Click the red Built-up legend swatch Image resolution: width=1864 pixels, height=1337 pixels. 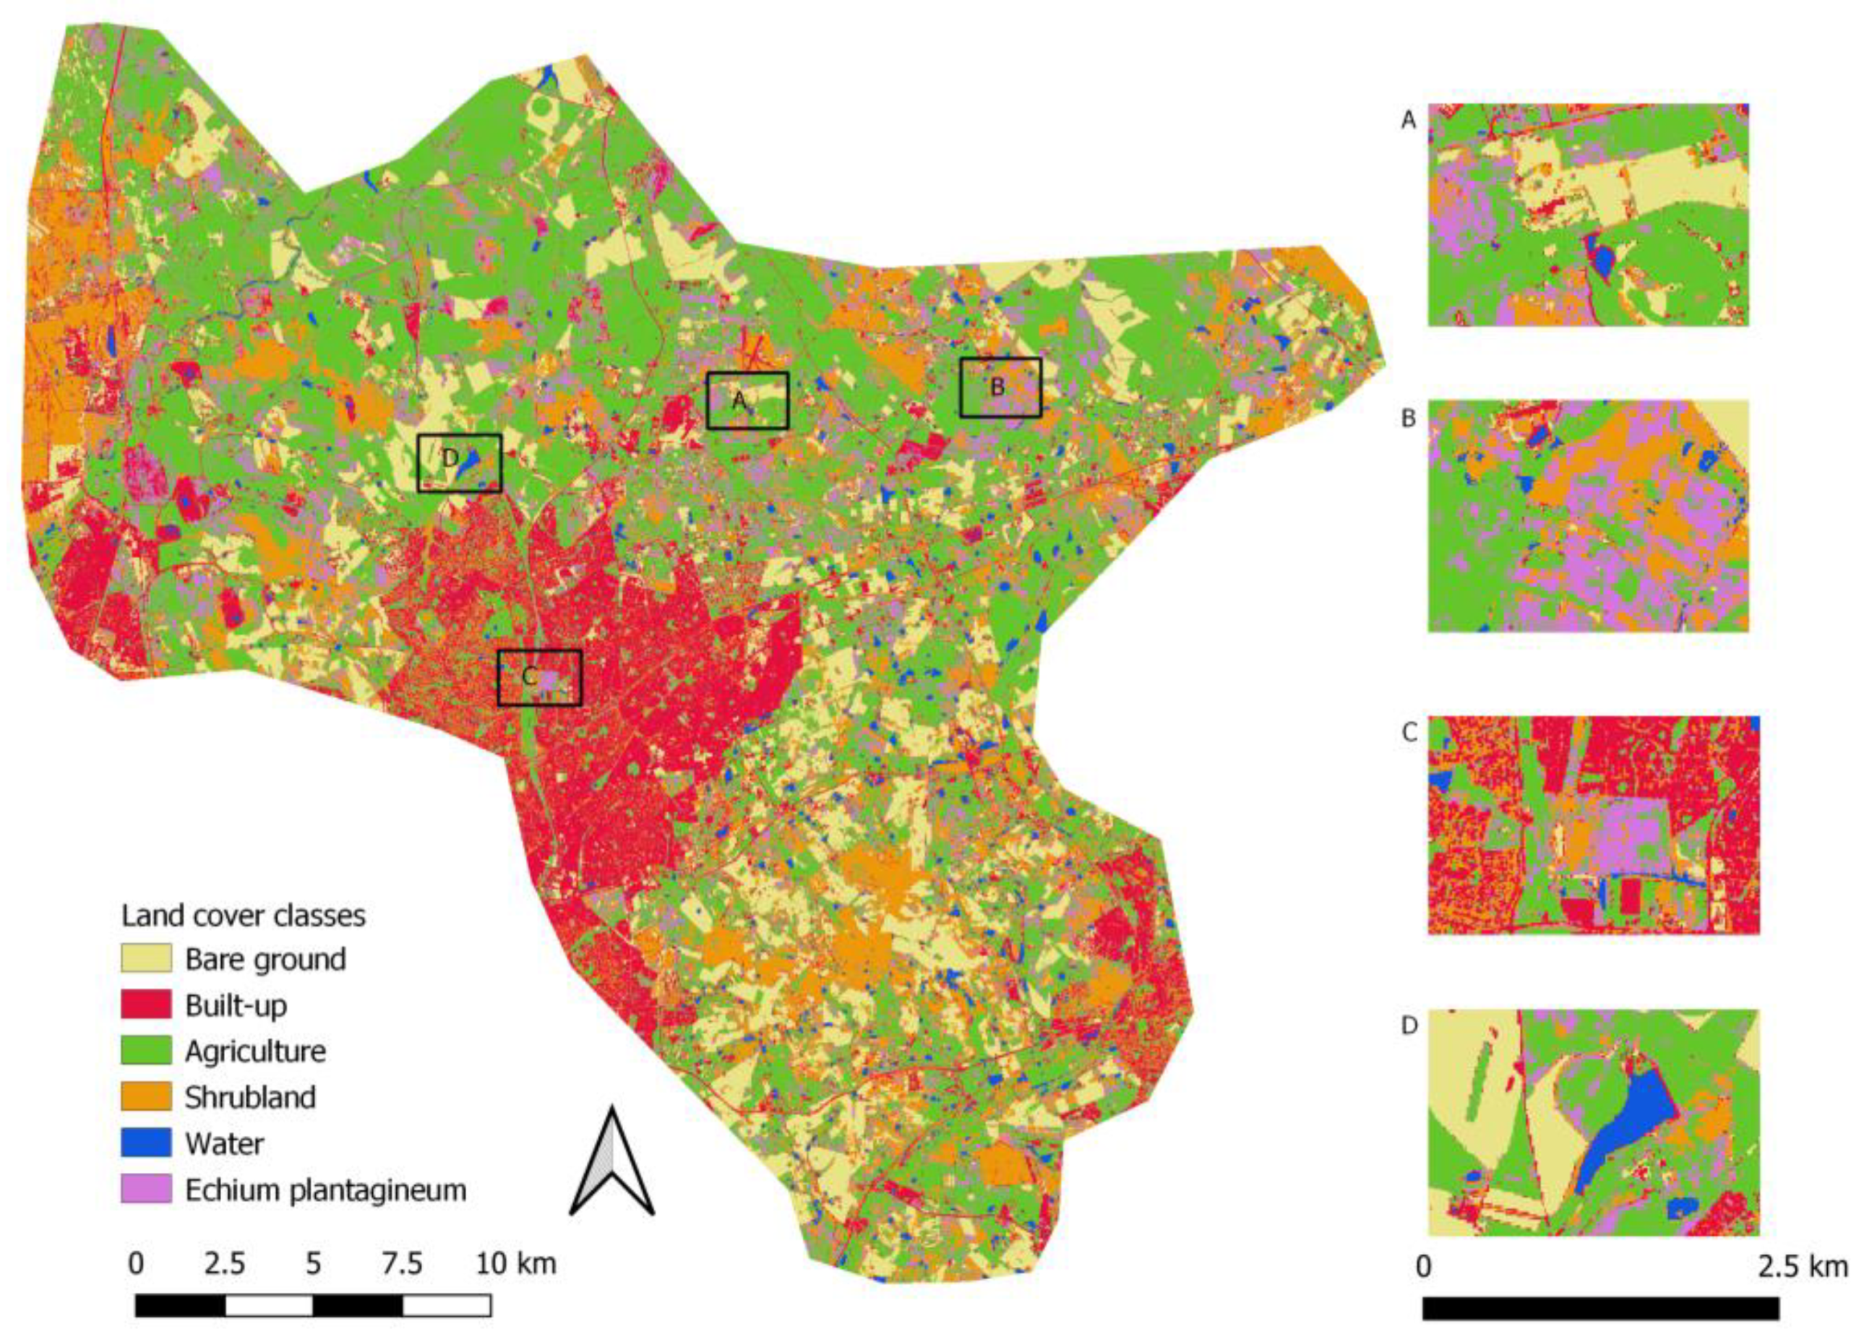[146, 1004]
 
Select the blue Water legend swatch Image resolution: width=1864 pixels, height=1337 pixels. [146, 1143]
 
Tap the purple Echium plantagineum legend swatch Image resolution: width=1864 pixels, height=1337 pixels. [146, 1188]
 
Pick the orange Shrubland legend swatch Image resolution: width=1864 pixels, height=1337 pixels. [146, 1096]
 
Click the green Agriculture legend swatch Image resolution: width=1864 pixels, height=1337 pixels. [146, 1050]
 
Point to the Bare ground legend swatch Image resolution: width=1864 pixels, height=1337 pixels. [146, 958]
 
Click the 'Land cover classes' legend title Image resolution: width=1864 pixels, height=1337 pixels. [244, 916]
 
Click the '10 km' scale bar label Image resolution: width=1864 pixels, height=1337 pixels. [515, 1263]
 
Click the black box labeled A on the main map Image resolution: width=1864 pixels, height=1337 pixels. [747, 400]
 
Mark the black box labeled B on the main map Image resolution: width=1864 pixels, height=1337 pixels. [1000, 387]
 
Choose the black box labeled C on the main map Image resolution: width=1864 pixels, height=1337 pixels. [539, 677]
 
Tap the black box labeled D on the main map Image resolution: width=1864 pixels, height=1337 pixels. [459, 463]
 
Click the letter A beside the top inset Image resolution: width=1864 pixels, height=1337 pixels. [1409, 120]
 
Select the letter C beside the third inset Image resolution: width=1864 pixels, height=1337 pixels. [1409, 732]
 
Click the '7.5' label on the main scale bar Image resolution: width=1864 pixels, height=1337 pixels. [402, 1263]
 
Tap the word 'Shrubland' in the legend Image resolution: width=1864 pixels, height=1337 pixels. [250, 1097]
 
